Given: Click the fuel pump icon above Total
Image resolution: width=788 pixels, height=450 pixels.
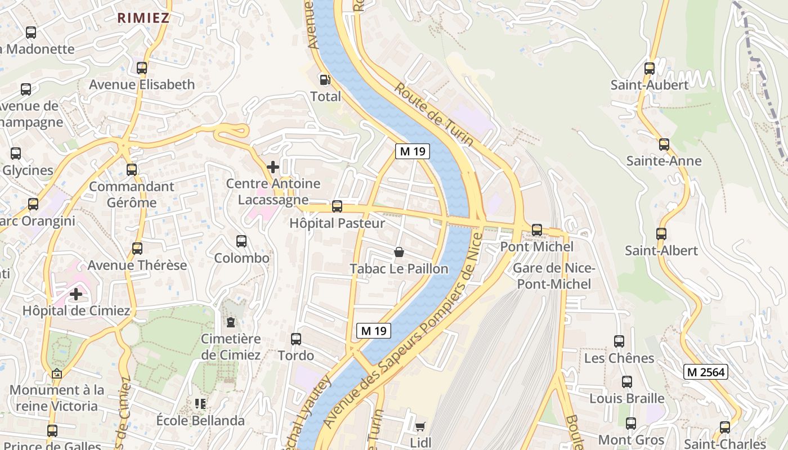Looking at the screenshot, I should [x=324, y=79].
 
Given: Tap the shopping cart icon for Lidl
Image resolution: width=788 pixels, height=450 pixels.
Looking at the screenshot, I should [x=420, y=427].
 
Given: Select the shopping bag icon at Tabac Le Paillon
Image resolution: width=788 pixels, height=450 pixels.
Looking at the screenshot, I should [x=399, y=252].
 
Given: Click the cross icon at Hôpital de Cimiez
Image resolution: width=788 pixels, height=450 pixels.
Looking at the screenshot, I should [x=76, y=294].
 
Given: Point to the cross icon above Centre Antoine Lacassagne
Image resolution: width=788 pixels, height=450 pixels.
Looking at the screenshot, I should [x=273, y=167].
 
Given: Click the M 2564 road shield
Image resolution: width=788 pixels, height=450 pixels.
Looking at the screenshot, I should [x=706, y=372].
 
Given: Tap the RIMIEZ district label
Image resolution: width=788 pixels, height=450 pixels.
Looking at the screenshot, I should [x=143, y=17].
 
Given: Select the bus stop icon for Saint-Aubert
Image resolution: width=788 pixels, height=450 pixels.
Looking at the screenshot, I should [x=650, y=69].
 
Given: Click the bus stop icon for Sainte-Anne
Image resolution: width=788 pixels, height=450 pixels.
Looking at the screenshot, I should [x=664, y=145].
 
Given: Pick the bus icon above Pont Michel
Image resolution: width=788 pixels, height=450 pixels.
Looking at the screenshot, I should [x=537, y=230].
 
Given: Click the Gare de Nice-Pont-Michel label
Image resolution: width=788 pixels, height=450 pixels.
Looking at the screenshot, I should [x=554, y=276].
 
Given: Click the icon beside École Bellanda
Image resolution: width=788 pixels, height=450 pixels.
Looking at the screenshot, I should [x=200, y=404].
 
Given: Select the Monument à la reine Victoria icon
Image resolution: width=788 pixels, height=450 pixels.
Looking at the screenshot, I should [x=56, y=373].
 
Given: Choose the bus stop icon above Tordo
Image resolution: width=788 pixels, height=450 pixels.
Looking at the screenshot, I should [x=296, y=339].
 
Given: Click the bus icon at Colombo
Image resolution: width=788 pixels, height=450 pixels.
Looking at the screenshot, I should [x=241, y=241].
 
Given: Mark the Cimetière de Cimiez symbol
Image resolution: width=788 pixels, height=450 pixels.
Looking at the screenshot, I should [x=231, y=322].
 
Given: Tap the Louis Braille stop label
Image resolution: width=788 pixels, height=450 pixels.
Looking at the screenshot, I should [x=626, y=398].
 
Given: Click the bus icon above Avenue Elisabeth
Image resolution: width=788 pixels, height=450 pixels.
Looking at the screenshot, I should [x=142, y=68].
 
